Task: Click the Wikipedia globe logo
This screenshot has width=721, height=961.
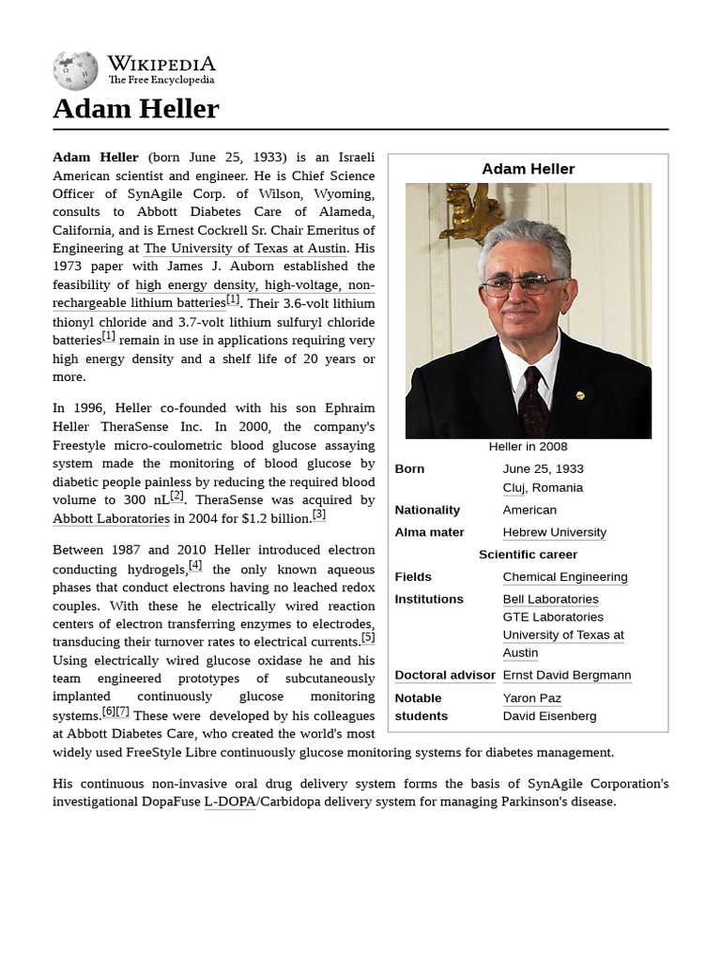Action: (75, 70)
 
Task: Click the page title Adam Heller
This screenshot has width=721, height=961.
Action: (135, 109)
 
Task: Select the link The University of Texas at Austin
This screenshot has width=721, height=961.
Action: (245, 249)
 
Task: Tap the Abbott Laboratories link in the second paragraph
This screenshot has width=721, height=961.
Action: (111, 518)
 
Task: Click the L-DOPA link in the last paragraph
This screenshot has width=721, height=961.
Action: (229, 802)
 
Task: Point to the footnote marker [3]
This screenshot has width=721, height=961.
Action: (319, 514)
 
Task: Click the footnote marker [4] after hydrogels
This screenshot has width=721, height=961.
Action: (195, 565)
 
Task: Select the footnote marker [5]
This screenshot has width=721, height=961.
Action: (368, 638)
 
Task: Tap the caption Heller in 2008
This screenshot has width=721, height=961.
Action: (528, 447)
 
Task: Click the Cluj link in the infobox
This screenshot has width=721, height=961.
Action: (514, 488)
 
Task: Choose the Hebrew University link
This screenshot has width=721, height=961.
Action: (554, 532)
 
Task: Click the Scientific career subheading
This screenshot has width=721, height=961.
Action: (528, 555)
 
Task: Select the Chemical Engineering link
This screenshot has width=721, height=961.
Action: (564, 577)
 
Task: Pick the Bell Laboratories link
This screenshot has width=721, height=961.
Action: (550, 599)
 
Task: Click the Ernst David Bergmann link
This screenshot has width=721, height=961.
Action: (566, 675)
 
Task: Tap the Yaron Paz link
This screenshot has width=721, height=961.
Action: (531, 698)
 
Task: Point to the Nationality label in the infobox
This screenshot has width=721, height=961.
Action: (427, 510)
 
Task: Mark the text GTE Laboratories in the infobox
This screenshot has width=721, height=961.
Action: (553, 617)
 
